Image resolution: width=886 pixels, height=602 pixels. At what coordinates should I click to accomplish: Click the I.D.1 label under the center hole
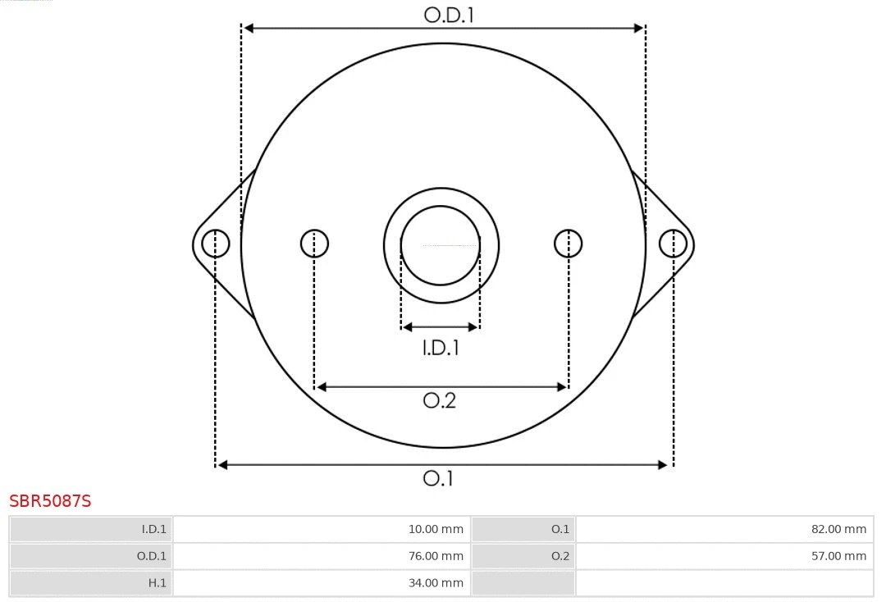(x=441, y=348)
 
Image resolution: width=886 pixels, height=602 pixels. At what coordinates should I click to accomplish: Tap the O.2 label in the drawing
(x=439, y=400)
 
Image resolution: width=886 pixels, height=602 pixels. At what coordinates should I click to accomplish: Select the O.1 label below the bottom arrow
(x=438, y=478)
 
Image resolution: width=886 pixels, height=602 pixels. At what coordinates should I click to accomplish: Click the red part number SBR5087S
(x=50, y=501)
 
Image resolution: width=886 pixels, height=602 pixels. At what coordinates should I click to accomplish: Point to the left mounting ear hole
(x=216, y=244)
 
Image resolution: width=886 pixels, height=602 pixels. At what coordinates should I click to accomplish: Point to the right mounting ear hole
(x=673, y=244)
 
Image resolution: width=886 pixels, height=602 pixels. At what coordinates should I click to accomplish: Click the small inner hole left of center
(x=314, y=244)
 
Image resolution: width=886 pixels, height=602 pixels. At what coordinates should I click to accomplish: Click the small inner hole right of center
(x=569, y=244)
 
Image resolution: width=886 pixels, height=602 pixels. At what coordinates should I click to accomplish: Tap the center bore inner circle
(x=441, y=244)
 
